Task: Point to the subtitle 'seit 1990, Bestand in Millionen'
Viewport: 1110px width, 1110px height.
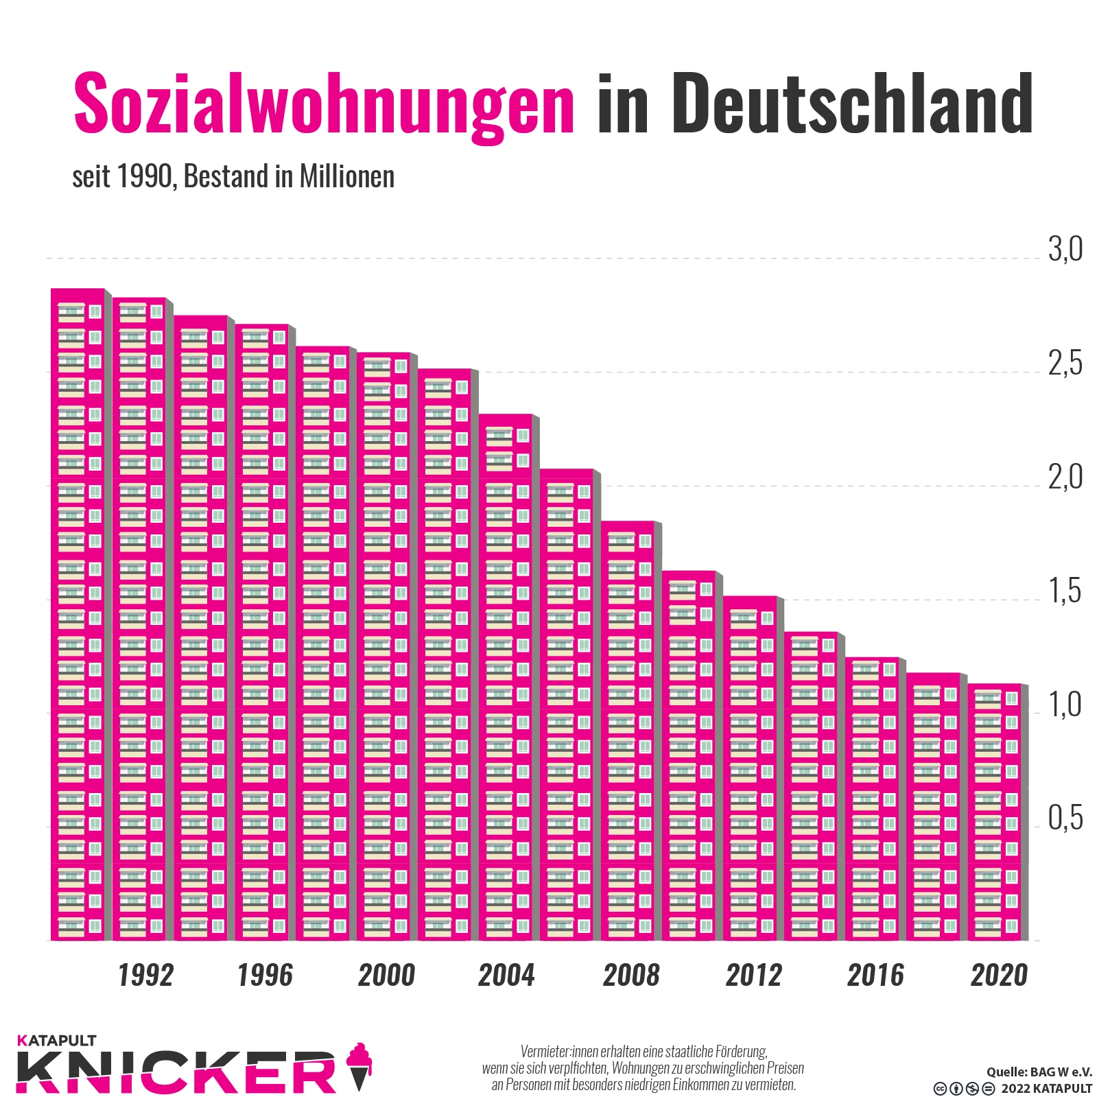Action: click(x=233, y=177)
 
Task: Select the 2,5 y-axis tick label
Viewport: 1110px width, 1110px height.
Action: click(x=1065, y=364)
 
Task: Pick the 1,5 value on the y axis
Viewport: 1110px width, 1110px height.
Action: click(x=1065, y=591)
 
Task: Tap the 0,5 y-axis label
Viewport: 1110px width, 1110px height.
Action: click(x=1065, y=818)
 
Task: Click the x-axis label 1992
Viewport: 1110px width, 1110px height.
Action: click(x=145, y=976)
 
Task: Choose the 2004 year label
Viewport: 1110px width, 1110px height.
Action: click(x=506, y=976)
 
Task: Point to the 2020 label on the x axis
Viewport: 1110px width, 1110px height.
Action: click(x=999, y=976)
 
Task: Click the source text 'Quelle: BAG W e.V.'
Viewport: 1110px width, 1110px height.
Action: click(x=1039, y=1072)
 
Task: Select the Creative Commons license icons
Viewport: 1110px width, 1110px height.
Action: click(x=963, y=1089)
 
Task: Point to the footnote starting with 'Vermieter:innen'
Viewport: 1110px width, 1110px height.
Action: click(x=643, y=1067)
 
